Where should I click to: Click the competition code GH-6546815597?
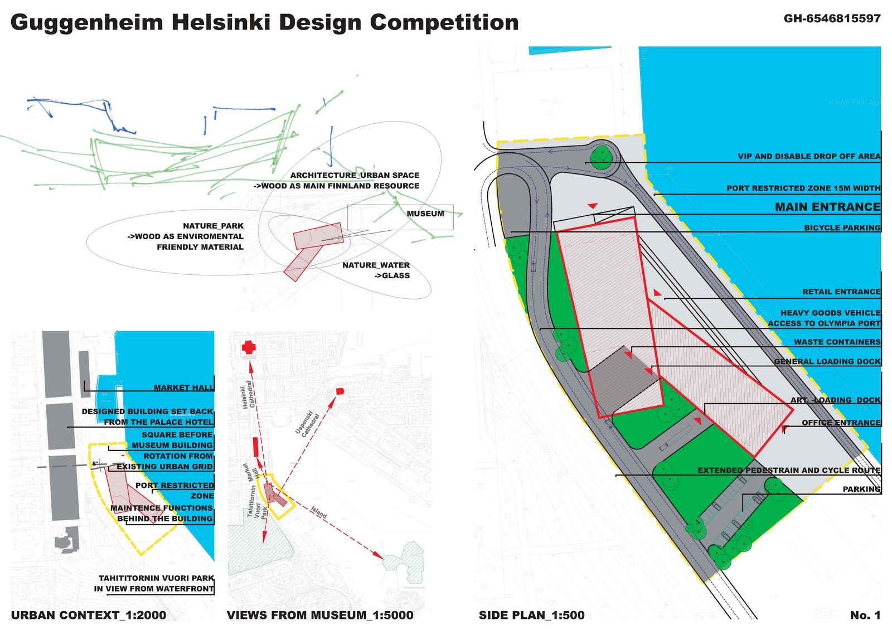tap(832, 18)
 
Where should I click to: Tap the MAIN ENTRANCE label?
tap(827, 207)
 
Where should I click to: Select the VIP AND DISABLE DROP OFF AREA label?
tap(809, 156)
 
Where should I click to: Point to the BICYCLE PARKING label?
tap(842, 227)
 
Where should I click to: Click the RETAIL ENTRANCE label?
tap(841, 292)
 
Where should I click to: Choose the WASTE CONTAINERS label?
tap(837, 342)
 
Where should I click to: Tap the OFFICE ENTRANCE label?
tap(841, 423)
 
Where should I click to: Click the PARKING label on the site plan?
tap(861, 489)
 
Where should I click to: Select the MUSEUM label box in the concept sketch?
tap(425, 214)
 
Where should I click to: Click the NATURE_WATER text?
tap(376, 265)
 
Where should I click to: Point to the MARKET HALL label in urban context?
tap(183, 387)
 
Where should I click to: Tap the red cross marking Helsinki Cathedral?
tap(249, 347)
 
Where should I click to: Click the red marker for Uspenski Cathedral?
tap(340, 391)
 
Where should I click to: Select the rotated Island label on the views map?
tap(319, 512)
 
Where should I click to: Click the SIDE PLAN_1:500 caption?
tap(531, 615)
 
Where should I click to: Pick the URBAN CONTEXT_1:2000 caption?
tap(88, 615)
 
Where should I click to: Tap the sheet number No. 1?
tap(865, 615)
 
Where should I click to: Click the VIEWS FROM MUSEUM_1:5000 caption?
tap(320, 615)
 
